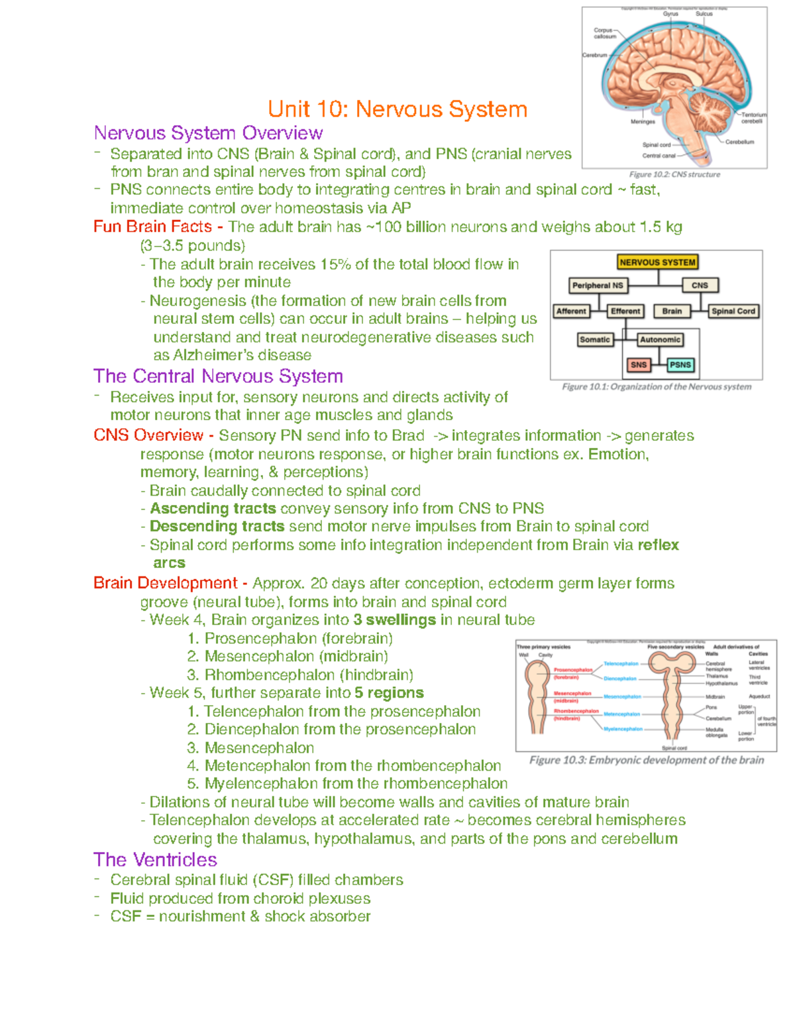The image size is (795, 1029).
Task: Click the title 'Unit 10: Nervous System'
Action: point(397,109)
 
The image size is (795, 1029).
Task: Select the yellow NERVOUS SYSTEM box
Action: point(657,262)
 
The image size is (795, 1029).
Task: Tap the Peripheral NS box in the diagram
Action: point(598,286)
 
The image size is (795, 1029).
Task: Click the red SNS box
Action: point(639,364)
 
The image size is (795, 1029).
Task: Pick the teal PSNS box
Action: point(680,364)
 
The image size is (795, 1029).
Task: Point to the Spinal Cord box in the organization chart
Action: point(733,311)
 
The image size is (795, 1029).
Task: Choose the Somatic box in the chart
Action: point(594,339)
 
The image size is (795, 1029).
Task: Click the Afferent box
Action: point(571,311)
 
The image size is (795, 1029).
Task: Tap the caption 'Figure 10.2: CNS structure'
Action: point(674,174)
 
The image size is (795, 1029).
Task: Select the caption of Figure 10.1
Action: point(657,386)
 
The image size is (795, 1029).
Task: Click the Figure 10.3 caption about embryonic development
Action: point(647,760)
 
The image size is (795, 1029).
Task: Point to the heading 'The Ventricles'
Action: point(155,859)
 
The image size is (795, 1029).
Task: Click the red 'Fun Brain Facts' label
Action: point(152,227)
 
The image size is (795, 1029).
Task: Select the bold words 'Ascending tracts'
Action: point(213,508)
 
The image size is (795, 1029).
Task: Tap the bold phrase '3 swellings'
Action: point(394,620)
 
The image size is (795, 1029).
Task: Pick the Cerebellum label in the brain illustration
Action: point(739,142)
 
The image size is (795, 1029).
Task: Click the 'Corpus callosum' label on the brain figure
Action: point(604,33)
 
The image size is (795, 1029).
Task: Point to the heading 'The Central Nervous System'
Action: point(218,376)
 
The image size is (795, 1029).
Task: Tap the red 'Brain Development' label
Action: point(165,583)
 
